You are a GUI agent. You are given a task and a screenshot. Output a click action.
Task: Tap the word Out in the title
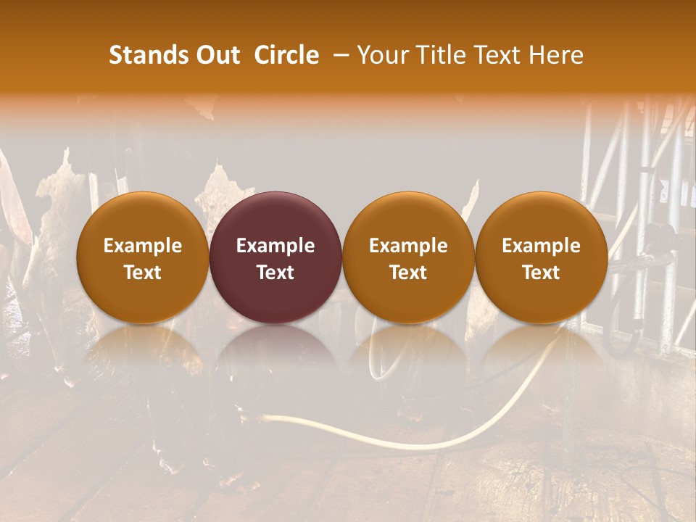[216, 55]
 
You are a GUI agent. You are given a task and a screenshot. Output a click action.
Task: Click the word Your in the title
[380, 55]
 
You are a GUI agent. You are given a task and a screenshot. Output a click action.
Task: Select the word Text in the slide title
[493, 55]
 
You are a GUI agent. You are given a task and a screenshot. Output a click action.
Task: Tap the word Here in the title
[555, 55]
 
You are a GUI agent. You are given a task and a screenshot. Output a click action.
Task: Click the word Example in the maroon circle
[275, 246]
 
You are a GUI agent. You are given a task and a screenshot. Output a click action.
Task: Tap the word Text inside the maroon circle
[275, 273]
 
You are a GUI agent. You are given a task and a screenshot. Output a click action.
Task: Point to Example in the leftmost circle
[143, 246]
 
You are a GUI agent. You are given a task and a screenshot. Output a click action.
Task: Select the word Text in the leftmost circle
[143, 273]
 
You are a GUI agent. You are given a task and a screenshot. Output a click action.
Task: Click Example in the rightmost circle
[541, 246]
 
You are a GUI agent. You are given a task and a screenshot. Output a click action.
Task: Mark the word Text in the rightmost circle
[541, 273]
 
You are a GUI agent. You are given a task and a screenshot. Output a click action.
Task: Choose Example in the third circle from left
[408, 246]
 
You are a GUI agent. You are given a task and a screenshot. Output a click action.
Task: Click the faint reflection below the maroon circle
[275, 355]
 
